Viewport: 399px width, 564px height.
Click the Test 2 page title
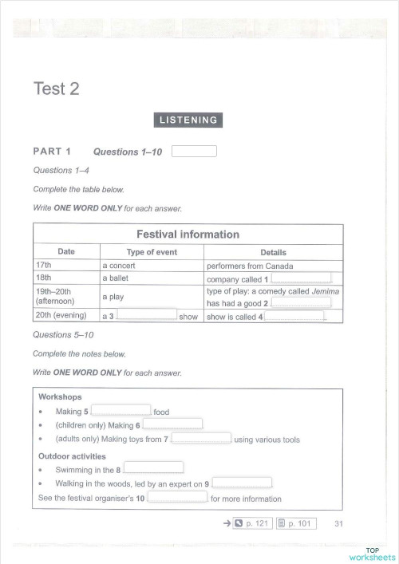(56, 89)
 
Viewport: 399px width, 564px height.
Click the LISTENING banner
(188, 120)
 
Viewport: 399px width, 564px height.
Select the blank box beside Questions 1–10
(194, 151)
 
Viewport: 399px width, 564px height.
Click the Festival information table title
(188, 235)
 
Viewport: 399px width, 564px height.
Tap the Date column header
(66, 252)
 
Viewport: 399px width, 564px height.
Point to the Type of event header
(152, 252)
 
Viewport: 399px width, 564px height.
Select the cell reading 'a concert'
(119, 266)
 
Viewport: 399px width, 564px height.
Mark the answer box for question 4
(294, 316)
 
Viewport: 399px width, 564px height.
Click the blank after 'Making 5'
(121, 411)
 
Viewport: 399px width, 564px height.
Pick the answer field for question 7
(202, 439)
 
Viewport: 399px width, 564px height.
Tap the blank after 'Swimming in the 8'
(154, 469)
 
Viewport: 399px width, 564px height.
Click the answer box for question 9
(243, 483)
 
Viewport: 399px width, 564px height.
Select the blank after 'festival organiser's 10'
(177, 498)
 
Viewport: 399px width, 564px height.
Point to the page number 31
(338, 523)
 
